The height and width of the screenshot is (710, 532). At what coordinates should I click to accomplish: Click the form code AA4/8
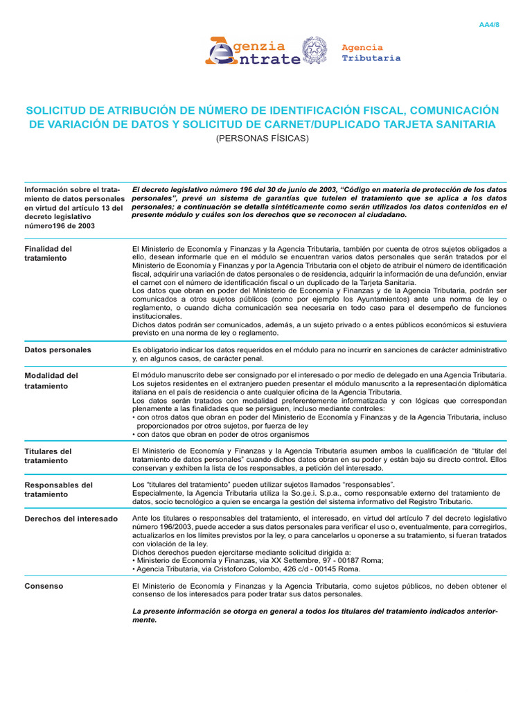click(489, 25)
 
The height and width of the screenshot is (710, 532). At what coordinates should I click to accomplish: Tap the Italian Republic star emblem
click(319, 51)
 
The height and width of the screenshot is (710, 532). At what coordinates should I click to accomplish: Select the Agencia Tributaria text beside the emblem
click(371, 53)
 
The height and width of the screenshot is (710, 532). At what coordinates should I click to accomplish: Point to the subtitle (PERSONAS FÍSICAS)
click(262, 138)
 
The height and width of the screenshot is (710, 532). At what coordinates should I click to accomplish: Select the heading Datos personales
click(57, 350)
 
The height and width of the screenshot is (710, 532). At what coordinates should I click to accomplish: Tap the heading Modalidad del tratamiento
click(51, 381)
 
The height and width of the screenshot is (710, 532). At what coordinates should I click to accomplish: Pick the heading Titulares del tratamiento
click(48, 456)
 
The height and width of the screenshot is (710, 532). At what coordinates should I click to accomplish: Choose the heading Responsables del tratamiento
click(58, 490)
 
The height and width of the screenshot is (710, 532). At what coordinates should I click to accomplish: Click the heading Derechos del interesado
click(71, 519)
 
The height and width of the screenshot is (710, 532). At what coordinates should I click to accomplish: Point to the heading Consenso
click(44, 586)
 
